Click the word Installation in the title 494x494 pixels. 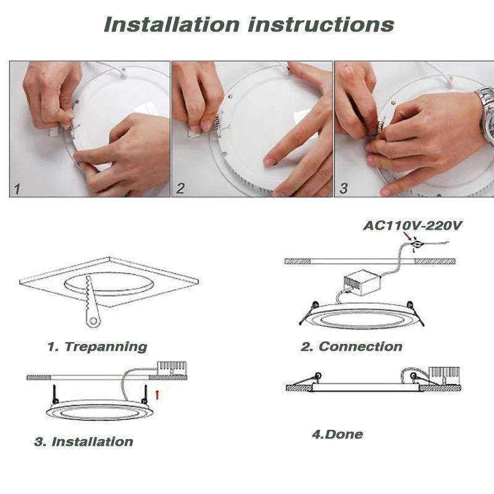171,25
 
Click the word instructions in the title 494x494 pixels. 320,25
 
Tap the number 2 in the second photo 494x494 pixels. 180,189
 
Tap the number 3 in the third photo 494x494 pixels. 343,189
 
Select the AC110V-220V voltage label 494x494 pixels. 412,226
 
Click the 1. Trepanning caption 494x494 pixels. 98,347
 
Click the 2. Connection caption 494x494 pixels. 351,347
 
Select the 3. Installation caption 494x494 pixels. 83,442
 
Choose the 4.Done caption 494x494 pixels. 337,434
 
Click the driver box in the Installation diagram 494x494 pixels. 172,367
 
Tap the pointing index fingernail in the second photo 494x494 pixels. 270,162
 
